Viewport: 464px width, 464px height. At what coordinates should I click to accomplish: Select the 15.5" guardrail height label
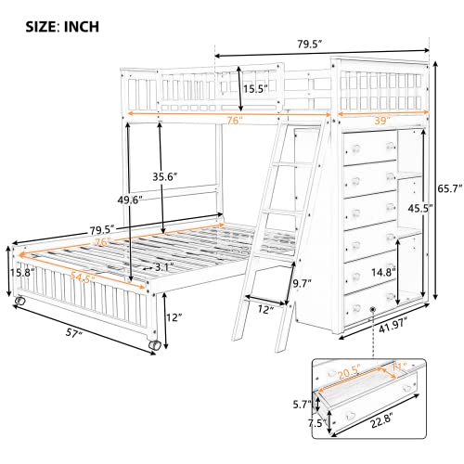coord(255,89)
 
